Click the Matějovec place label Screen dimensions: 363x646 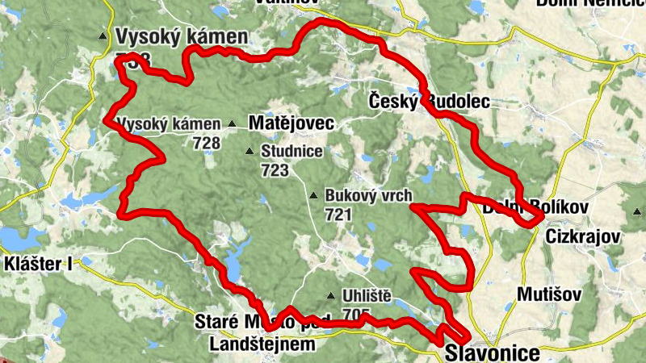tap(290, 124)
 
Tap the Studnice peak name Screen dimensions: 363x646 tap(292, 151)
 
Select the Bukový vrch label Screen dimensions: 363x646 tap(368, 195)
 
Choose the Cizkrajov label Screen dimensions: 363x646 tap(582, 237)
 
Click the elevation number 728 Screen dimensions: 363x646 tap(207, 143)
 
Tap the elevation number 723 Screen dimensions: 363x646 tap(275, 170)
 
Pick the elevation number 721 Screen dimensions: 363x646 tap(338, 215)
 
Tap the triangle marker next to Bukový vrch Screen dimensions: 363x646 tap(313, 196)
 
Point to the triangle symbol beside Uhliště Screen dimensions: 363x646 tap(331, 296)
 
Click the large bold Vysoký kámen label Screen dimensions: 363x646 tap(181, 36)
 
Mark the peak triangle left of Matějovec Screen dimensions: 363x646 tap(233, 124)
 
